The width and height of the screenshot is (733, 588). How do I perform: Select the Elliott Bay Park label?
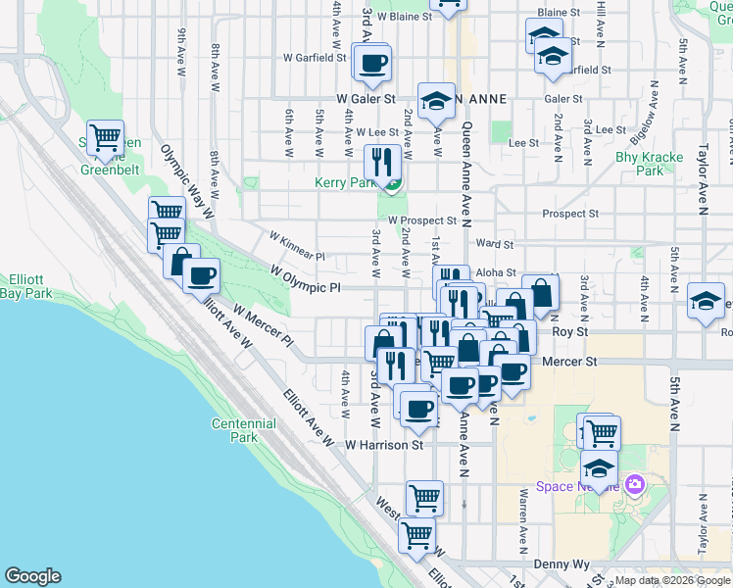click(25, 285)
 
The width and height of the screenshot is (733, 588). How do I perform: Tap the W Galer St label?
click(365, 99)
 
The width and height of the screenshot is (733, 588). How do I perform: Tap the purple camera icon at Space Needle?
click(635, 484)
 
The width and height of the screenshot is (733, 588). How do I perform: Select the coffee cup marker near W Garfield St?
click(371, 65)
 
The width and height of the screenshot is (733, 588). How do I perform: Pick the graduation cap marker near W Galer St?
click(436, 99)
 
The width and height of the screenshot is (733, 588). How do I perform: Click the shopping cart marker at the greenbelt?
click(104, 137)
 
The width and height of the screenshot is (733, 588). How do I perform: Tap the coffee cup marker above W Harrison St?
click(417, 408)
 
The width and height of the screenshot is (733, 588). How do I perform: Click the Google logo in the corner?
click(32, 576)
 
